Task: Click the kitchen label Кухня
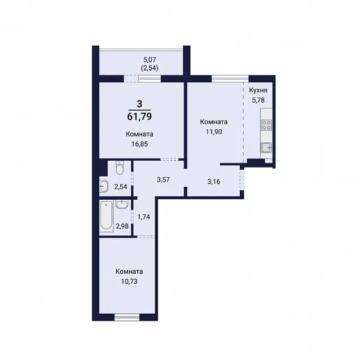pyautogui.click(x=258, y=90)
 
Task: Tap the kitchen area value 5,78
pyautogui.click(x=258, y=100)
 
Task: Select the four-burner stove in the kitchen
pyautogui.click(x=266, y=125)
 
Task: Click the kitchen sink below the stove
pyautogui.click(x=266, y=147)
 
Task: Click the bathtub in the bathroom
pyautogui.click(x=106, y=216)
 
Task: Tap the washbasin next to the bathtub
pyautogui.click(x=122, y=204)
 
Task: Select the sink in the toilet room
pyautogui.click(x=104, y=186)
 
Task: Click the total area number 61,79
pyautogui.click(x=139, y=117)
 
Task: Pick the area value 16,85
pyautogui.click(x=139, y=144)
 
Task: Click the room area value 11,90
pyautogui.click(x=214, y=132)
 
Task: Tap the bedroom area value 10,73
pyautogui.click(x=129, y=281)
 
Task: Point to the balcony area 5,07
pyautogui.click(x=150, y=60)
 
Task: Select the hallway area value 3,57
pyautogui.click(x=163, y=180)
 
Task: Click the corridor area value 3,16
pyautogui.click(x=213, y=182)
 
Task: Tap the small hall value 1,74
pyautogui.click(x=143, y=217)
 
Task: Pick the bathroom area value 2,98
pyautogui.click(x=122, y=226)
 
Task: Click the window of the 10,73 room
pyautogui.click(x=127, y=318)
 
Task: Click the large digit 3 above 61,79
pyautogui.click(x=139, y=104)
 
